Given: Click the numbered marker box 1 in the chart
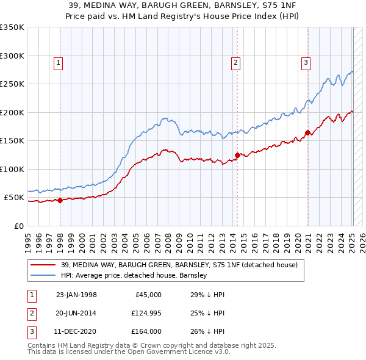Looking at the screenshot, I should (58, 62).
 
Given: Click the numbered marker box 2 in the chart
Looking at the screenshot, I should (235, 62).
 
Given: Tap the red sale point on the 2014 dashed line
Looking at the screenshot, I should (237, 155).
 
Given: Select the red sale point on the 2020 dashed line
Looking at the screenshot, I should (308, 132).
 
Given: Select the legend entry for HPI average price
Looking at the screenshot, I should (134, 275).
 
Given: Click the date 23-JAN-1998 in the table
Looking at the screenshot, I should (76, 295).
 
